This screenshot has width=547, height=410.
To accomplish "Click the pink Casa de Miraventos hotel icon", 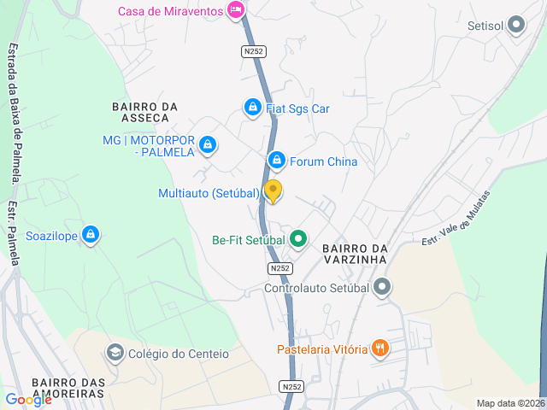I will pyautogui.click(x=237, y=11).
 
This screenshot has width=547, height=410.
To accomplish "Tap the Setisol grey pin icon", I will pyautogui.click(x=515, y=26).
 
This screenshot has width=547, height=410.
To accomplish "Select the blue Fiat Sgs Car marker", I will pyautogui.click(x=252, y=108).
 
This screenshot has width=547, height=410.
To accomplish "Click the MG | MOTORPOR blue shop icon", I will pyautogui.click(x=206, y=146).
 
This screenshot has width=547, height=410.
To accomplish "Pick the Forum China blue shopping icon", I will pyautogui.click(x=276, y=161).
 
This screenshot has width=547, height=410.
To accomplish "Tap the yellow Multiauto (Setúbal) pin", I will pyautogui.click(x=273, y=190).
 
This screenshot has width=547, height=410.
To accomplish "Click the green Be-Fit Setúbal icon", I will pyautogui.click(x=297, y=239).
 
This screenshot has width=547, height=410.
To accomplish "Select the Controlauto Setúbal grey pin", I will pyautogui.click(x=383, y=287).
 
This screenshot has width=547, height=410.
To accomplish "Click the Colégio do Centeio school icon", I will pyautogui.click(x=115, y=353).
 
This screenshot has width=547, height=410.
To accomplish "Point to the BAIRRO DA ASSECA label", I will pyautogui.click(x=144, y=112).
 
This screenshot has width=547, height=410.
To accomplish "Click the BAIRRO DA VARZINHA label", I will pyautogui.click(x=356, y=254).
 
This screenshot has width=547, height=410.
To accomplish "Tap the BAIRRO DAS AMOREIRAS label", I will pyautogui.click(x=68, y=388).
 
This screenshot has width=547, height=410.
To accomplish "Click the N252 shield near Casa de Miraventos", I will pyautogui.click(x=253, y=51).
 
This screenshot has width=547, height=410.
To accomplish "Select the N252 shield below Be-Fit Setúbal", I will pyautogui.click(x=279, y=268).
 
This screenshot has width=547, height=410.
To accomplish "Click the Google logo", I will pyautogui.click(x=28, y=399).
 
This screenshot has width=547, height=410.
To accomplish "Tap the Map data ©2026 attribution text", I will pyautogui.click(x=509, y=403).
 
